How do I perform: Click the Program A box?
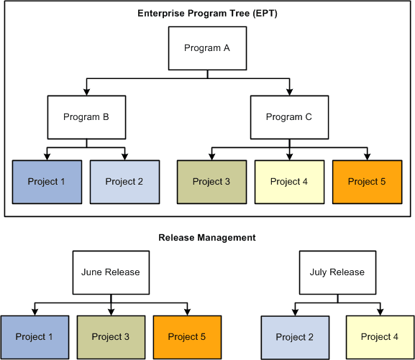207,49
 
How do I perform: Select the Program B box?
86,117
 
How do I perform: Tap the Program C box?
289,117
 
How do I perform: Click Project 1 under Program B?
47,182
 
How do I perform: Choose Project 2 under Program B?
125,182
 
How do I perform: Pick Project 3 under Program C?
211,182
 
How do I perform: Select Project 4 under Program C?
289,182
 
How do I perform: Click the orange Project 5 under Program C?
368,182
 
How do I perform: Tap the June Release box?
111,272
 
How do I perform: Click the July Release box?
337,272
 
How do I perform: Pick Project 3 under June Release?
111,337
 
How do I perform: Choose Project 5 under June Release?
187,337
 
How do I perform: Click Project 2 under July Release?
295,337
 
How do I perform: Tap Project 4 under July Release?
380,337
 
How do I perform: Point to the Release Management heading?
207,237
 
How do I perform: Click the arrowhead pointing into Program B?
86,91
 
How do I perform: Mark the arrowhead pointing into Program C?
289,91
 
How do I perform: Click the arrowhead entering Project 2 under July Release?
295,311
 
